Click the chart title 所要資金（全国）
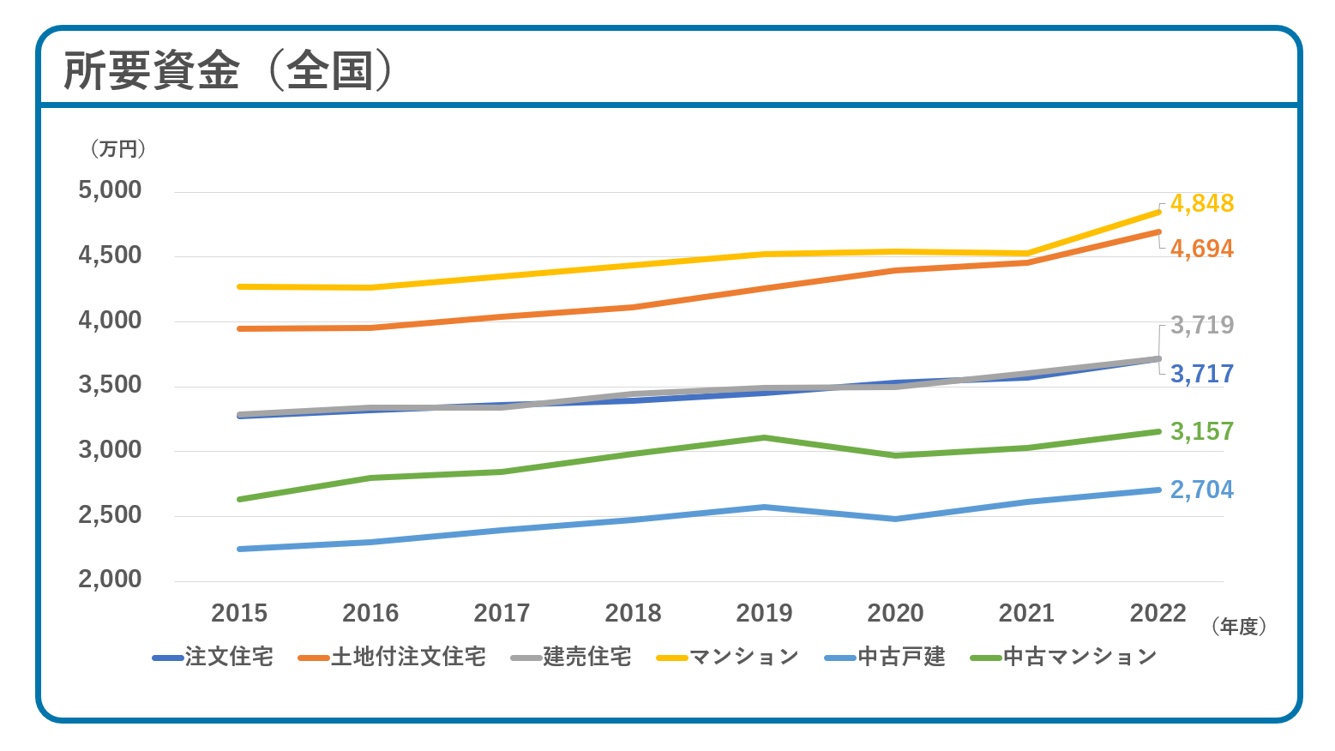pos(229,70)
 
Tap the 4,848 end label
pos(1201,204)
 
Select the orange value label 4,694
pos(1201,249)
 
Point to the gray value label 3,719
pos(1201,326)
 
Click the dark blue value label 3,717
pos(1201,375)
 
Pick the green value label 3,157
pos(1201,432)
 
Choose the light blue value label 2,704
pos(1201,490)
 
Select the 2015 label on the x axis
pos(239,614)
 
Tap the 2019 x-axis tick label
pos(764,614)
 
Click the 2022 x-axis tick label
pos(1158,614)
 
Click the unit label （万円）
pos(118,149)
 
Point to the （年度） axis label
pos(1239,628)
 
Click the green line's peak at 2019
pos(764,438)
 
